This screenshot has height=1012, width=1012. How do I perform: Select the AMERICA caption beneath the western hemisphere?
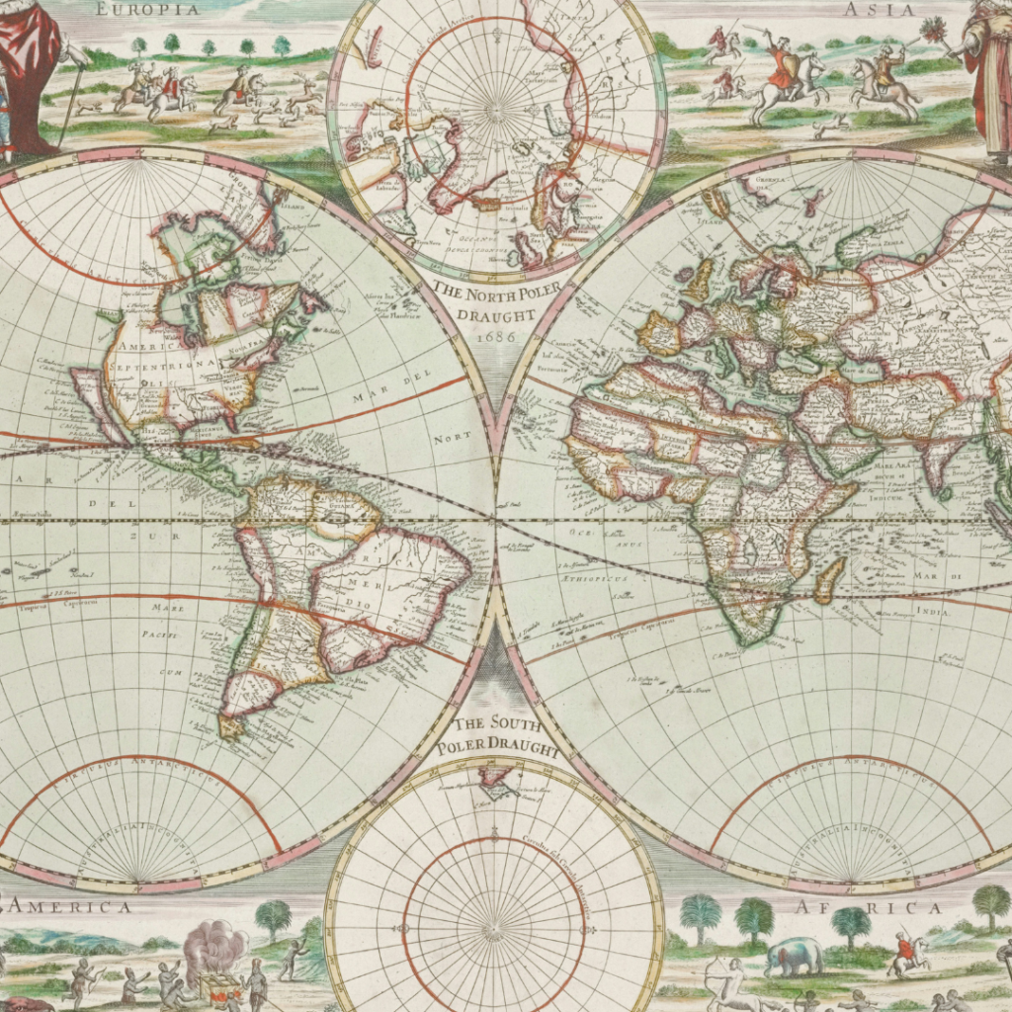coord(70,907)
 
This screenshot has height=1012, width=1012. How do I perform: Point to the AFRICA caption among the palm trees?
coord(870,907)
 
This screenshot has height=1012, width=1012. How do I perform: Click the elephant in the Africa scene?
coord(794,956)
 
